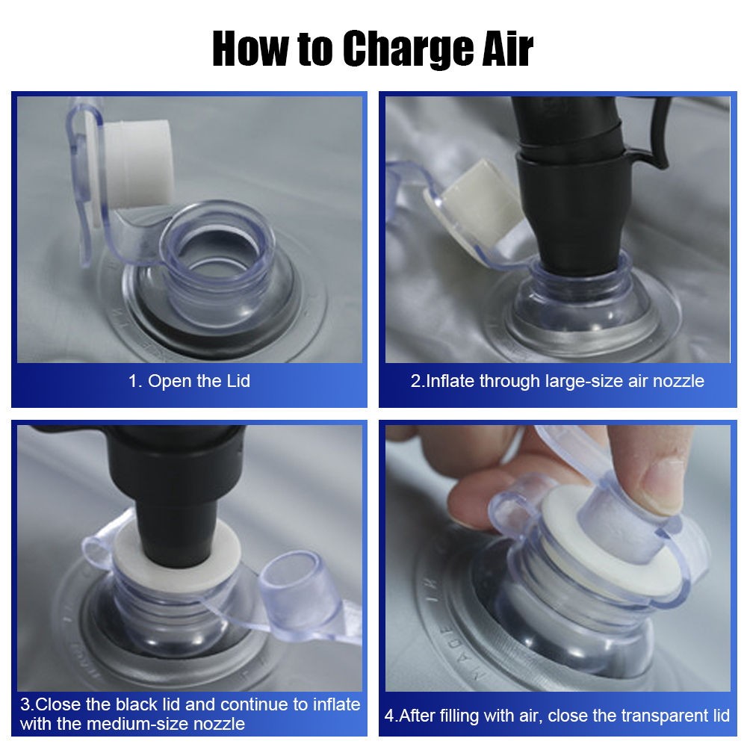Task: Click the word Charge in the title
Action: tap(408, 49)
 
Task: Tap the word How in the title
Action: tap(250, 48)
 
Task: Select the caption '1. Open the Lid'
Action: tap(189, 381)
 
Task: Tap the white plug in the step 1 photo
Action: tap(137, 164)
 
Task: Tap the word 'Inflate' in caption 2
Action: tap(450, 381)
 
